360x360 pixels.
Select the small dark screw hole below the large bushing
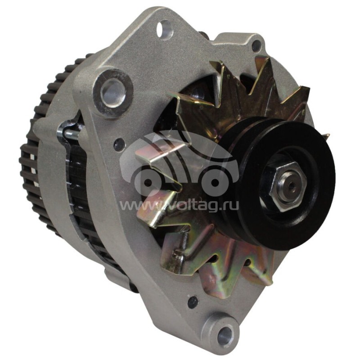point(119,144)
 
